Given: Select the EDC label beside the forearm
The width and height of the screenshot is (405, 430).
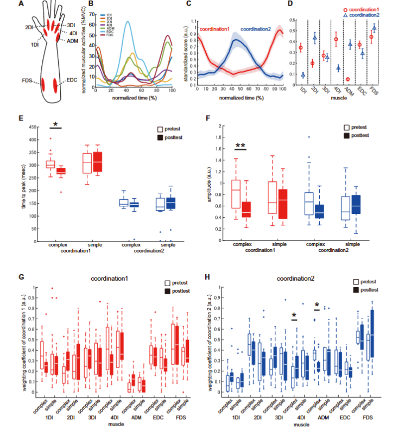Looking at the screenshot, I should click(71, 80).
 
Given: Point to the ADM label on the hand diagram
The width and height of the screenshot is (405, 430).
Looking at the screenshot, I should click(73, 40).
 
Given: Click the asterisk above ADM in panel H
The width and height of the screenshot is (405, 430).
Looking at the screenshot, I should click(316, 305).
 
